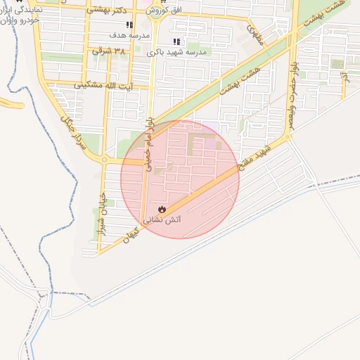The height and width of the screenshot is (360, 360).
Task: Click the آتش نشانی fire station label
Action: (162, 219)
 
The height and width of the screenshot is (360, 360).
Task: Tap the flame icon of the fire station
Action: (162, 208)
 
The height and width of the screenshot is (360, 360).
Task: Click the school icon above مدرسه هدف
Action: (129, 25)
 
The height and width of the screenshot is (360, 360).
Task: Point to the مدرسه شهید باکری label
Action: (176, 52)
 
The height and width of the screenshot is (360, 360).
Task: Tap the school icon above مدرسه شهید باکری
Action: (176, 41)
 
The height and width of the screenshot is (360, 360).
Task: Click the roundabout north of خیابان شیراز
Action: (104, 160)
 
